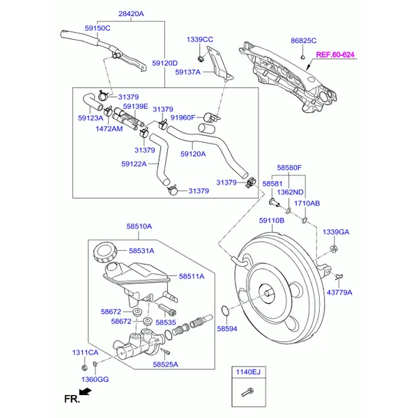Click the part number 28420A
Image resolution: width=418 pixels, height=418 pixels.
coord(130,13)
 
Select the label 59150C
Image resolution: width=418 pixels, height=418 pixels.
coord(98,28)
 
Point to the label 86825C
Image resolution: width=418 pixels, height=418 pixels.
coord(303,41)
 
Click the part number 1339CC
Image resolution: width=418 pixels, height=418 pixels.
coord(200,39)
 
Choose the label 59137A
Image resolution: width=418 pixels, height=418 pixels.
coord(187,72)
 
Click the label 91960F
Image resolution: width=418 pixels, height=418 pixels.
coord(183,118)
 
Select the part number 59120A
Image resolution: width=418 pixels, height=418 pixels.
coord(193,154)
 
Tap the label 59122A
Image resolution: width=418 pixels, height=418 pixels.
coord(134,164)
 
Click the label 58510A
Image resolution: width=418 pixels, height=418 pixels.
coord(139,226)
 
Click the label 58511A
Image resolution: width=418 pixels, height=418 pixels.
coord(191,277)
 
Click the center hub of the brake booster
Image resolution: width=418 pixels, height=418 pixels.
coord(265,291)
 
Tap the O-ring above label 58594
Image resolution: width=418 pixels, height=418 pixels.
coord(222,310)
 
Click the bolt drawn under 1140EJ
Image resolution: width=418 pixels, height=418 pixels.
coord(246,394)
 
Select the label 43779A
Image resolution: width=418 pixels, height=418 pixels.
coord(339,293)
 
